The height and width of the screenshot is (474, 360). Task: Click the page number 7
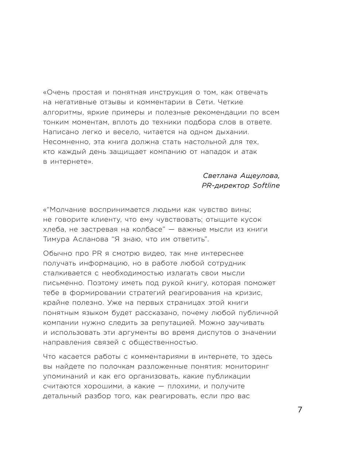pyautogui.click(x=300, y=409)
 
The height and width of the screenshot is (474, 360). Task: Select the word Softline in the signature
pyautogui.click(x=266, y=186)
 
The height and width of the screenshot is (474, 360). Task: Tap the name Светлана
pyautogui.click(x=220, y=176)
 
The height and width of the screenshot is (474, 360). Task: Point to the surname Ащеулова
pyautogui.click(x=260, y=176)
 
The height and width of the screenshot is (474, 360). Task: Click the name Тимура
pyautogui.click(x=56, y=240)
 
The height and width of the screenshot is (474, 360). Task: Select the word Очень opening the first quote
pyautogui.click(x=58, y=92)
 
